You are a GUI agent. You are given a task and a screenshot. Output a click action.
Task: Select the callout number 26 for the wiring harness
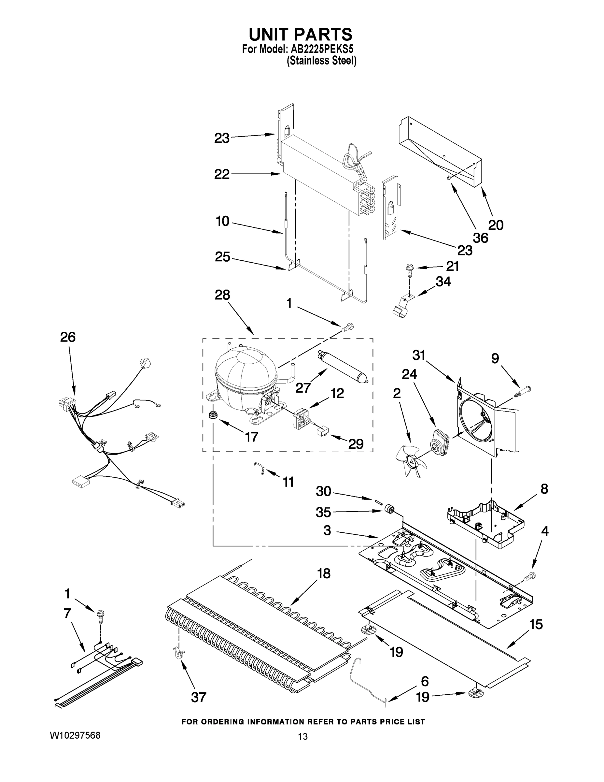coord(68,337)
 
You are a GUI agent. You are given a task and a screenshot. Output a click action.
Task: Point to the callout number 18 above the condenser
coord(323,573)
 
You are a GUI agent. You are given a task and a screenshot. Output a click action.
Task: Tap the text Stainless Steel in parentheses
coord(321,61)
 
